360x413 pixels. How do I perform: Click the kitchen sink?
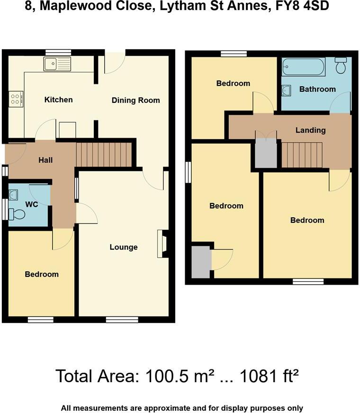56,63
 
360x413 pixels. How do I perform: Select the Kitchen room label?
58,99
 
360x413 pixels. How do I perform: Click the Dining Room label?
135,100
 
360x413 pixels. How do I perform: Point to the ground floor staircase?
104,155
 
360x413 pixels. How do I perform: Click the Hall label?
45,160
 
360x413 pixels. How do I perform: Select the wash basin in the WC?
13,194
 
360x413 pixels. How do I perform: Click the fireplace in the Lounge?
162,243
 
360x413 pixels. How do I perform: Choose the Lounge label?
124,247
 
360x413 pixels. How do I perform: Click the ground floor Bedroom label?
42,274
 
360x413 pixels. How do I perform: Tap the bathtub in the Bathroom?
304,67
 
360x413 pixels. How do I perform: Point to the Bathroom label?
317,89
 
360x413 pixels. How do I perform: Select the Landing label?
310,130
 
